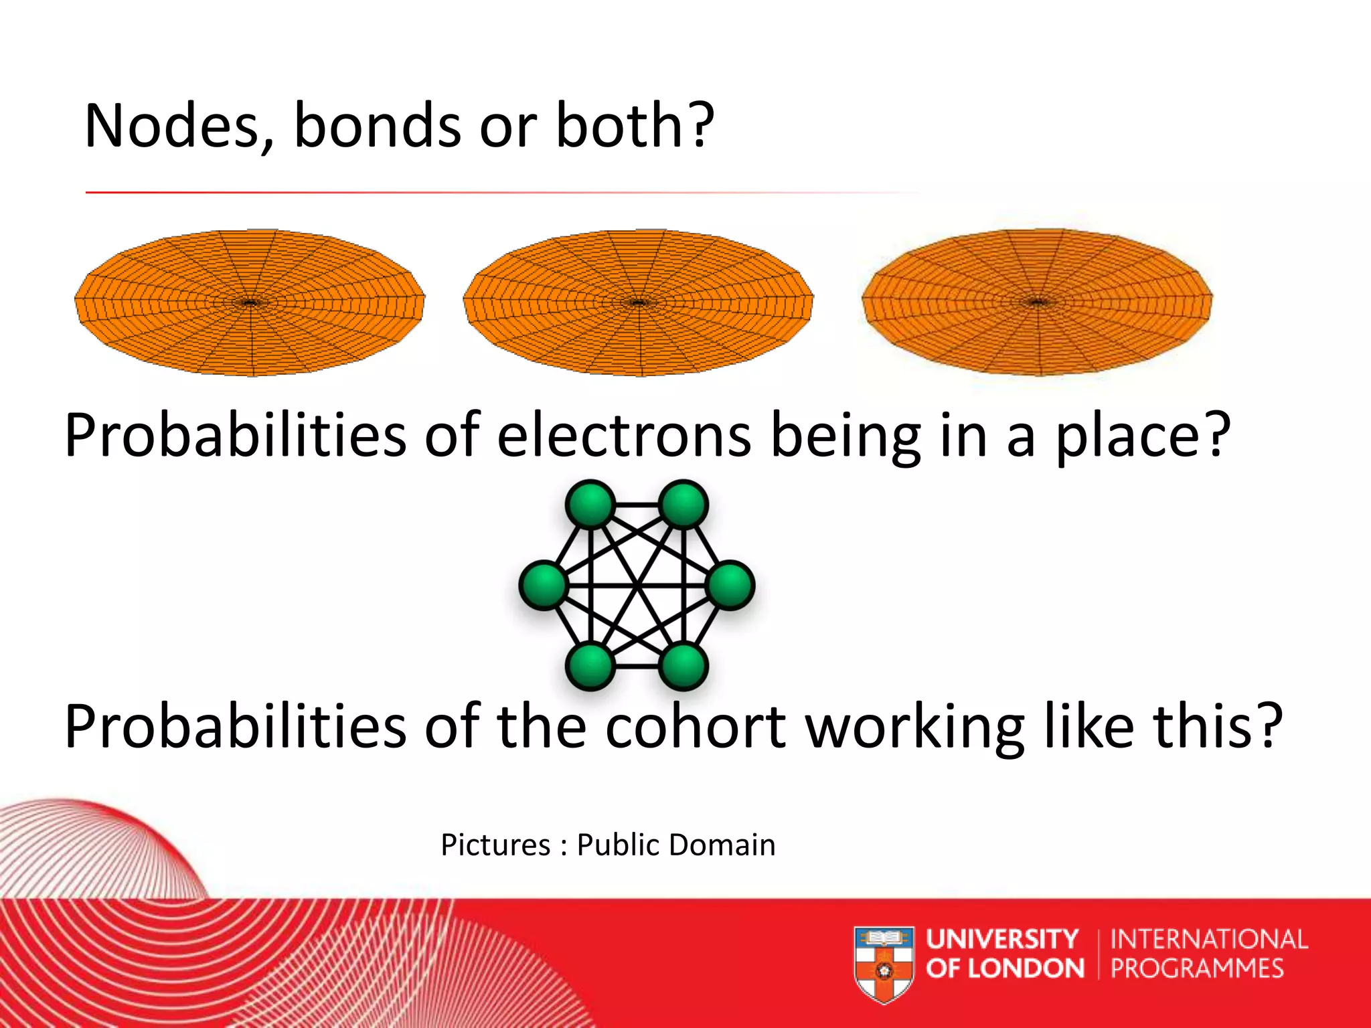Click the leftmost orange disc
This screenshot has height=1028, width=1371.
(x=250, y=303)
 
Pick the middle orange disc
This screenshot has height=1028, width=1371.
(x=638, y=303)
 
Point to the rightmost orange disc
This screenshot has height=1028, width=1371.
(x=1037, y=303)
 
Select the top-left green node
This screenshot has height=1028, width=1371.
(x=590, y=504)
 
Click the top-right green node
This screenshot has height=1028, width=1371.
(x=683, y=504)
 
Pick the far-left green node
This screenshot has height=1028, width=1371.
(x=544, y=586)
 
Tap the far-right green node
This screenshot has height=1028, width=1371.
(x=730, y=586)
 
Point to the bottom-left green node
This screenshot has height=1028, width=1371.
(x=590, y=667)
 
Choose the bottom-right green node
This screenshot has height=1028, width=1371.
(x=683, y=667)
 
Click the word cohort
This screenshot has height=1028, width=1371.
(x=696, y=727)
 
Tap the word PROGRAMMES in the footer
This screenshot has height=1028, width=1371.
(x=1197, y=968)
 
